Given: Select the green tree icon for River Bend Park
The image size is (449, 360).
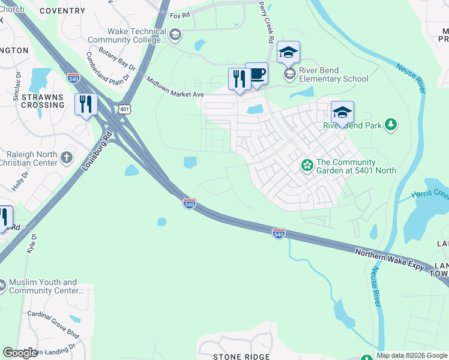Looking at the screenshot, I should [x=391, y=125].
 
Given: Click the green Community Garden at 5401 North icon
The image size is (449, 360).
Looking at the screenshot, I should [x=307, y=164].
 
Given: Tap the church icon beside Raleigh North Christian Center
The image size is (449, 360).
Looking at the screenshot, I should [x=67, y=157].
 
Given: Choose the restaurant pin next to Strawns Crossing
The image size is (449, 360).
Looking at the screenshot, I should [x=86, y=104].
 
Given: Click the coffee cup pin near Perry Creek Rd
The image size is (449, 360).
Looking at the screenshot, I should [x=257, y=74].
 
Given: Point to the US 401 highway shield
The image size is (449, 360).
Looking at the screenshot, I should [x=124, y=109].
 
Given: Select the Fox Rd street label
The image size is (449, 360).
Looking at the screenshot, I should [x=180, y=16].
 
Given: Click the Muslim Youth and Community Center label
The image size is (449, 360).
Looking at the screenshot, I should [x=46, y=286].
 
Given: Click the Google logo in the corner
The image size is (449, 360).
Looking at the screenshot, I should [x=20, y=353].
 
